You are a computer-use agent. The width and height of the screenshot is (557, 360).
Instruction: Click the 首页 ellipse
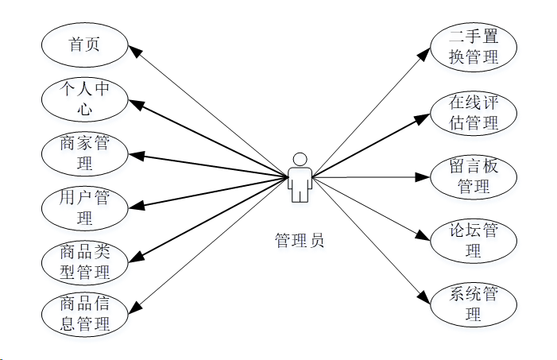[x=85, y=45]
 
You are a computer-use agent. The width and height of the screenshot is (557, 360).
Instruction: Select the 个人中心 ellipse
[x=85, y=98]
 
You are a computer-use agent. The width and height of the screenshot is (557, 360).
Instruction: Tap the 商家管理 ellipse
[x=85, y=153]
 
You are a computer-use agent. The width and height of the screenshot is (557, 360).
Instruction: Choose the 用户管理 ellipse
[x=85, y=207]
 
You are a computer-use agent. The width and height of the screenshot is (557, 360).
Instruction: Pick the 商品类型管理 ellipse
[x=85, y=263]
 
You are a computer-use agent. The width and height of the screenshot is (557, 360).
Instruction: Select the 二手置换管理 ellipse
[x=474, y=46]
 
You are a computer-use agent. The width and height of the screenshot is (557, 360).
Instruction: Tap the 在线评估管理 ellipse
[x=474, y=112]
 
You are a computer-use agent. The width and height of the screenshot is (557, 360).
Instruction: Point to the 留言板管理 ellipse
[x=474, y=176]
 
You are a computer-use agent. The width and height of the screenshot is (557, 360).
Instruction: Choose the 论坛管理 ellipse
[x=474, y=240]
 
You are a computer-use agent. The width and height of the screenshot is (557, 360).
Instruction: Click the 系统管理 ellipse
[x=474, y=304]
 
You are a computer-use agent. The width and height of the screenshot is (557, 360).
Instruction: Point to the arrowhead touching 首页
[x=136, y=51]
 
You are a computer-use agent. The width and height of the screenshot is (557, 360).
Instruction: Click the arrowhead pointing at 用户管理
[x=137, y=207]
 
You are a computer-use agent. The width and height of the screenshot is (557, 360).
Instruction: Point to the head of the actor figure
[x=300, y=157]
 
